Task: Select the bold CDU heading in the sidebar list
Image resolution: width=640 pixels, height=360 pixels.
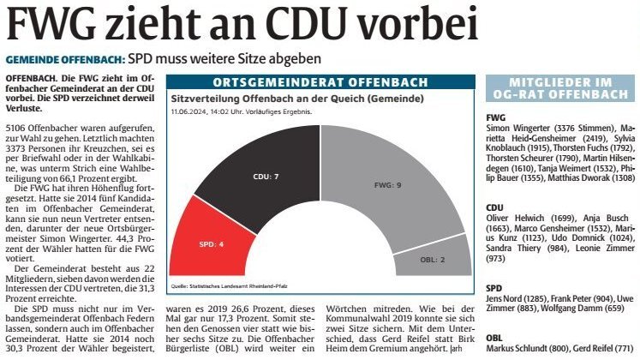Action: (495, 207)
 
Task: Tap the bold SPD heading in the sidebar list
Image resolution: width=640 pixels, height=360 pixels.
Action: (494, 289)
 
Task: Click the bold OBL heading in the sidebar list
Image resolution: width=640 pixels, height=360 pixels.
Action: (494, 336)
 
